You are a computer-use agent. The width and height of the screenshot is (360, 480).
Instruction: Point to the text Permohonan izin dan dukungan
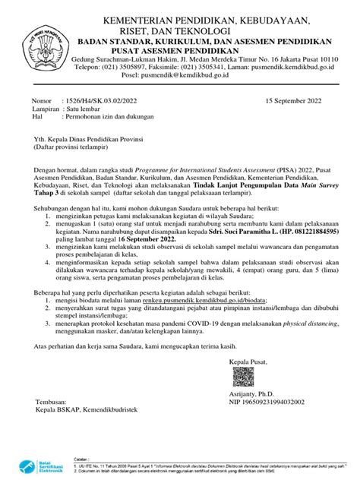[x=112, y=118]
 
